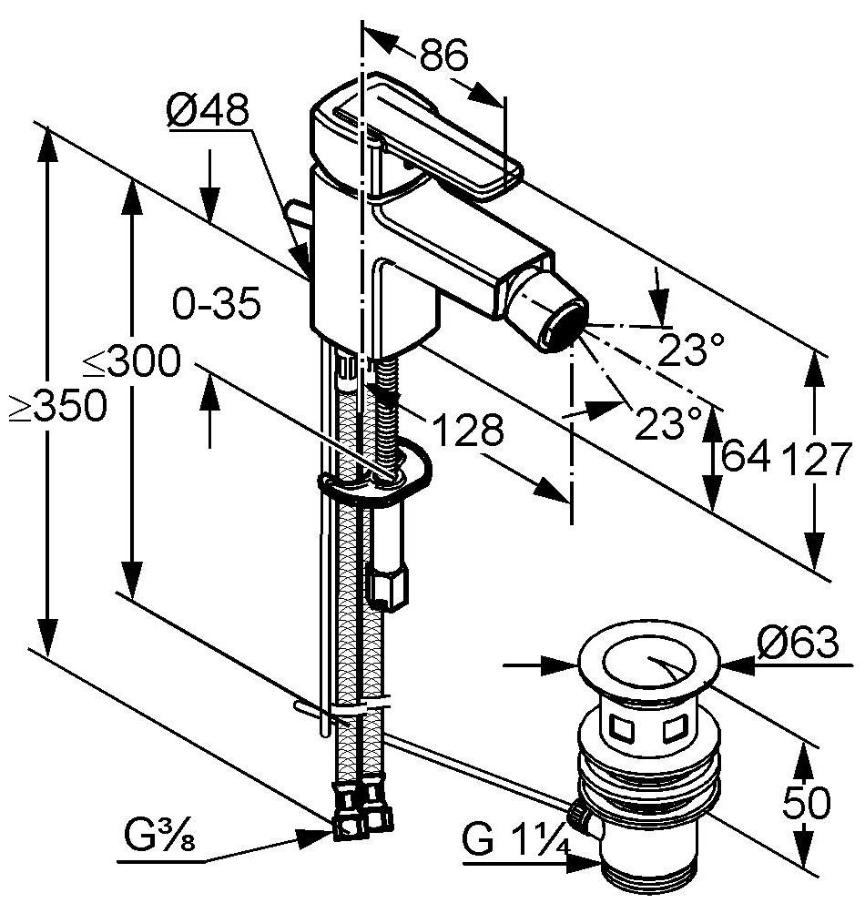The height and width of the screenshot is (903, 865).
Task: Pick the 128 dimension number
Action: (466, 430)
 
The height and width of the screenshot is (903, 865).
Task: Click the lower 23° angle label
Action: (669, 421)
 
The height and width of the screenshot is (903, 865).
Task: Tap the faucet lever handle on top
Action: (428, 146)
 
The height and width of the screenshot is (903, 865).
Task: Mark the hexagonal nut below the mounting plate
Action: (390, 584)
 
